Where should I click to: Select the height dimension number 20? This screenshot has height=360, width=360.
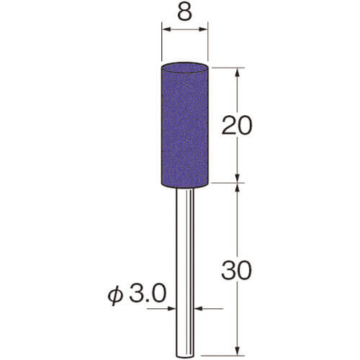237,125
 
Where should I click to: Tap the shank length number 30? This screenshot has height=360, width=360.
237,271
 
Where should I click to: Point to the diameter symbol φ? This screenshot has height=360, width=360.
115,296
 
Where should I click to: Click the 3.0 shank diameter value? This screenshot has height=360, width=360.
148,293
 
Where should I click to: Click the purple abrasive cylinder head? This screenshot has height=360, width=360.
184,125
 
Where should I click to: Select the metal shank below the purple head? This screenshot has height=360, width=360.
184,273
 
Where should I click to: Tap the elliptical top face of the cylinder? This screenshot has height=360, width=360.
184,68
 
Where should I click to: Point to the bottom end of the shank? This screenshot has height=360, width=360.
184,356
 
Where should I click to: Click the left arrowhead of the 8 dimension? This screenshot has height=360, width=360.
166,30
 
